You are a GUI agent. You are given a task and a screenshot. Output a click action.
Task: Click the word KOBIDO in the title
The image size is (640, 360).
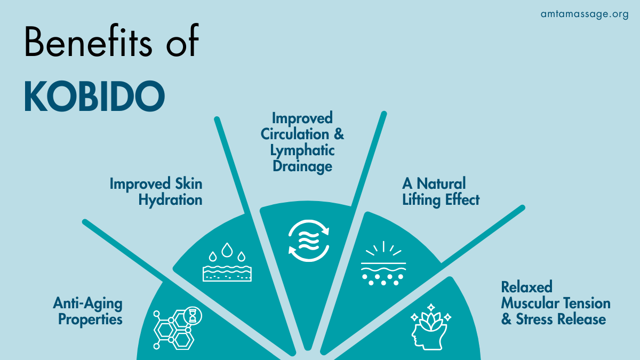(94, 96)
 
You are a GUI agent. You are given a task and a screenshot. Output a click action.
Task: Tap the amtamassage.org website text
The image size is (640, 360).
(585, 14)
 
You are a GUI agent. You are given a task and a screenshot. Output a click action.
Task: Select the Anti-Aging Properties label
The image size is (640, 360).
(87, 311)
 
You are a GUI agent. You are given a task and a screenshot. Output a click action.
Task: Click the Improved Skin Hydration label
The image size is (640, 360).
(156, 191)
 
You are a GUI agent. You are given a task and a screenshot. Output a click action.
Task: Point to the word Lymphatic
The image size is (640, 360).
(302, 150)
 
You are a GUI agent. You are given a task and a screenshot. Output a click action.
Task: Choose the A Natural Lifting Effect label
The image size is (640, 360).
(441, 191)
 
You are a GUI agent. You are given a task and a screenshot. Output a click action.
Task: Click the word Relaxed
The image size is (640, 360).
(526, 287)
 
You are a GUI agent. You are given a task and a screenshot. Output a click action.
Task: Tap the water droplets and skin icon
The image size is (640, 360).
(227, 262)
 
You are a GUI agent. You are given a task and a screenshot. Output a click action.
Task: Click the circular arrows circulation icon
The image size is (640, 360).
(309, 241)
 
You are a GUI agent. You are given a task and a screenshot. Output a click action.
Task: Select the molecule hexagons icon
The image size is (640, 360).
(178, 327)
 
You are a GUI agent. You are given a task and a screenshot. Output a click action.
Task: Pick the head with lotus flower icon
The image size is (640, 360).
(430, 327)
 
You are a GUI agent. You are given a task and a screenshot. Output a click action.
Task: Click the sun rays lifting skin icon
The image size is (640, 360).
(383, 263)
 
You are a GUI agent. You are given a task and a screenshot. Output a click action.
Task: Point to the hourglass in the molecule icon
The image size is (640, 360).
(193, 316)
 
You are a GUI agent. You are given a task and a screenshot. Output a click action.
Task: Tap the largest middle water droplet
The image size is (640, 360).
(227, 250)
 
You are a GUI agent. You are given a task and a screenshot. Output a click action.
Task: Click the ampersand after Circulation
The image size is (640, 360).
(339, 134)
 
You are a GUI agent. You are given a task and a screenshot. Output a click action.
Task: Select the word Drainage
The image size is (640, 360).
(302, 166)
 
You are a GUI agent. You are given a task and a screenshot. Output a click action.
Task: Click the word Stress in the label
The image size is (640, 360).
(533, 319)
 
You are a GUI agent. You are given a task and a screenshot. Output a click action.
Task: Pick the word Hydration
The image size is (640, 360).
(170, 200)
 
